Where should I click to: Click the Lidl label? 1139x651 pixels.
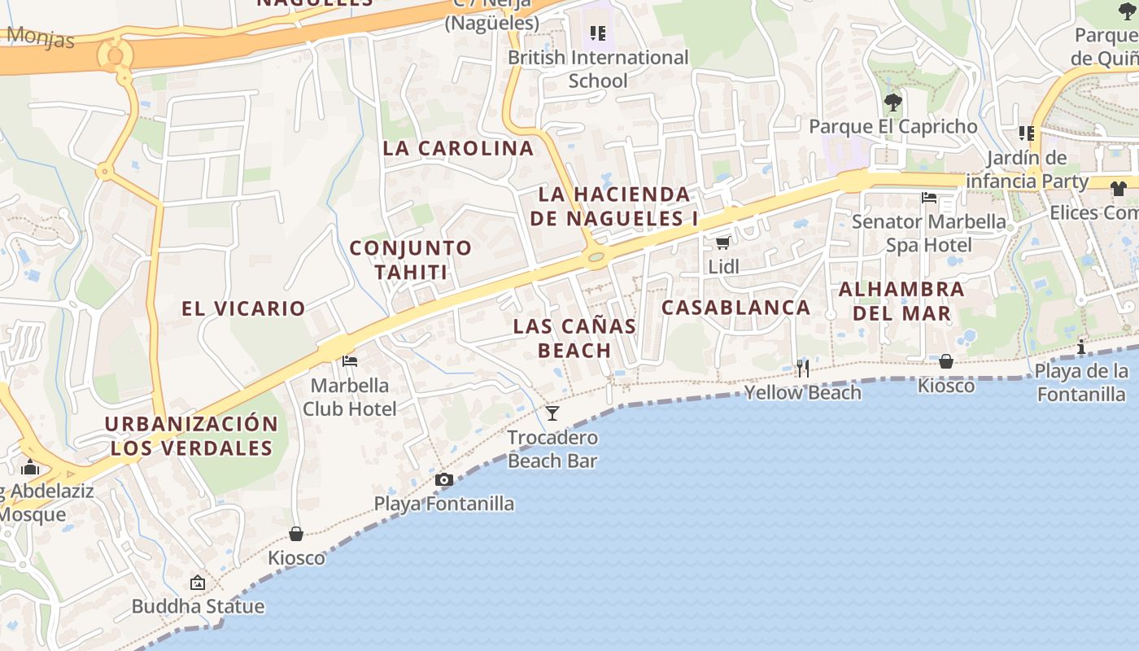coord(723,266)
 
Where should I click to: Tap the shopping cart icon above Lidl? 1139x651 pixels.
coord(722,242)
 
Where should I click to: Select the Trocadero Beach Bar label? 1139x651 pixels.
coord(552,449)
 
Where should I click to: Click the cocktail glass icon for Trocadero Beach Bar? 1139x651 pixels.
coord(552,413)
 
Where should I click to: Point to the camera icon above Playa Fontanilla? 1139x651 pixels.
coord(443,480)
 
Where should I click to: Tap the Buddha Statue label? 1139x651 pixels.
coord(198,606)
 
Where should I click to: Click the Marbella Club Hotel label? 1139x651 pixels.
coord(350,397)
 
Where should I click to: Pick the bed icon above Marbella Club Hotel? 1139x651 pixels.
coord(350,361)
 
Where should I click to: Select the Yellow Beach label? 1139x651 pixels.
coord(803,392)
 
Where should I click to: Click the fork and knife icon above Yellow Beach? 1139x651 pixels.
coord(803,369)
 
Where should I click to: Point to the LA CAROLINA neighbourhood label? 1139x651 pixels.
coord(458,148)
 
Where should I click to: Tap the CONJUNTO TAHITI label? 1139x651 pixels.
coord(411,260)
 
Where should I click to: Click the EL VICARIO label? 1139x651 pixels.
coord(243,308)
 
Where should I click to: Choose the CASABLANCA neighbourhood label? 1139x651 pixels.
coord(736,308)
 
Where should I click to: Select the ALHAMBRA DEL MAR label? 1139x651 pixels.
coord(901,301)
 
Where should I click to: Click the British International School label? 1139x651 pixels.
coord(598,69)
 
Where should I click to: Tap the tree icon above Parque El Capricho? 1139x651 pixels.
coord(893,103)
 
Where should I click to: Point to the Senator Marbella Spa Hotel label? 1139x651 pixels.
coord(929,234)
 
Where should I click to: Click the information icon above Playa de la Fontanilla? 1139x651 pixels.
coord(1081,347)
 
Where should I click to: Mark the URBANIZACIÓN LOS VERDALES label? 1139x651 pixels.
coord(191,436)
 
